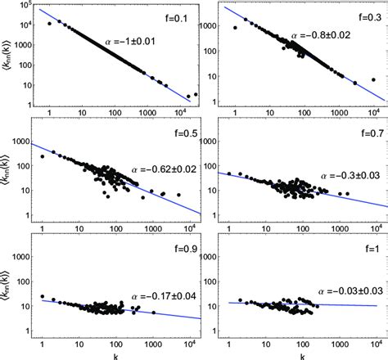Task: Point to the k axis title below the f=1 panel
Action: (x=303, y=354)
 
